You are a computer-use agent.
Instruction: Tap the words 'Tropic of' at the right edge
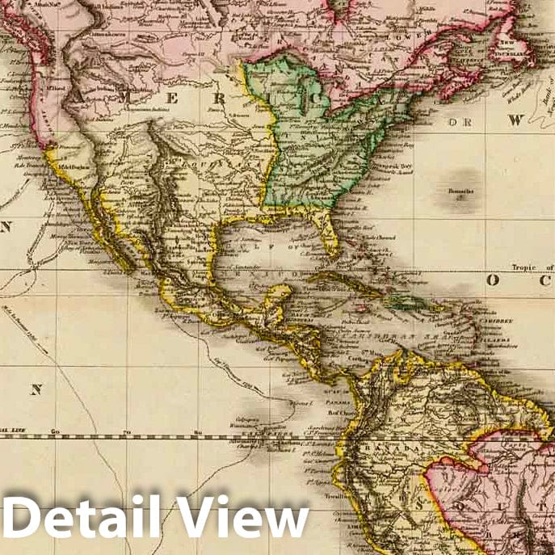click(x=532, y=267)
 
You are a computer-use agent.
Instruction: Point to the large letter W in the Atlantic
click(x=515, y=120)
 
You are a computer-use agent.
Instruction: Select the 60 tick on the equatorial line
click(x=55, y=434)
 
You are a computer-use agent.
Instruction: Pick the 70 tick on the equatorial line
click(x=127, y=434)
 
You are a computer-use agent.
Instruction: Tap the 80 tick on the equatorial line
click(x=198, y=434)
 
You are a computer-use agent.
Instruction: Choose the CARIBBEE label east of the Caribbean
click(x=498, y=321)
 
